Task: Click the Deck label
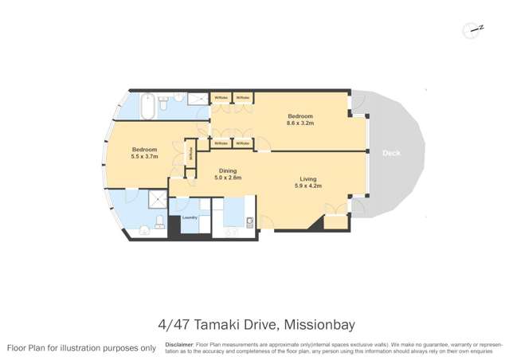coord(390,152)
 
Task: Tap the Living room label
coord(308,178)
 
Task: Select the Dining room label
coord(228,170)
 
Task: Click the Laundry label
coord(190,217)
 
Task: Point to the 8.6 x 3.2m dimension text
coord(300,124)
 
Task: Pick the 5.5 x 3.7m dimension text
coord(144,157)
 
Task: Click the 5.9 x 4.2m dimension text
coord(308,186)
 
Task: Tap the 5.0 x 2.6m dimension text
coord(228,178)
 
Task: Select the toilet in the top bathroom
coord(162,104)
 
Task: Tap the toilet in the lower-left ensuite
coord(159,221)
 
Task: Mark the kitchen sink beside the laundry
coord(249,221)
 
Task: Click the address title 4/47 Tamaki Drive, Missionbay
coord(254,324)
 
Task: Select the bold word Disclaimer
coord(179,345)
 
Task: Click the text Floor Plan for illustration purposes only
coord(81,348)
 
